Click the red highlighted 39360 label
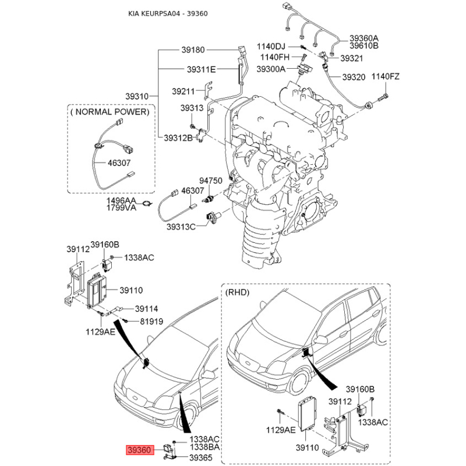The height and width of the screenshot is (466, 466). [140, 450]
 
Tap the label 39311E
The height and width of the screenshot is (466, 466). [201, 69]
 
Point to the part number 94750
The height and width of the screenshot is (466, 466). [211, 181]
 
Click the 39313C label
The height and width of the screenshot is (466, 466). [181, 227]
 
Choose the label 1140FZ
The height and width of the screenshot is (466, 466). [386, 76]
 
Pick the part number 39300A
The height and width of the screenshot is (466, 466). [272, 69]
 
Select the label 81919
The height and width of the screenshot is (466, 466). [151, 322]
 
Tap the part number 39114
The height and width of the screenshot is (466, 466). [146, 309]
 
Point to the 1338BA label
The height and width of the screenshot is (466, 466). [204, 447]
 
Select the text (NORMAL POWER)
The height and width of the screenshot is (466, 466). [110, 111]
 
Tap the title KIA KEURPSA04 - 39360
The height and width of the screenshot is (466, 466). [168, 13]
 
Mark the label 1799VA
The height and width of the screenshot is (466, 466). [121, 207]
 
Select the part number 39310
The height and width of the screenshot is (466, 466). [137, 96]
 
